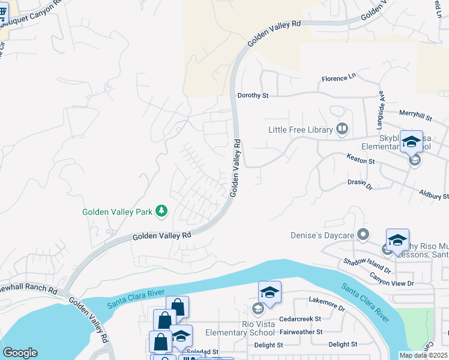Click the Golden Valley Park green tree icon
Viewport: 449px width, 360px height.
tap(161, 211)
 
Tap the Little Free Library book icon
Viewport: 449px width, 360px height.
tap(342, 129)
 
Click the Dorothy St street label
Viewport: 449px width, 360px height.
tap(252, 95)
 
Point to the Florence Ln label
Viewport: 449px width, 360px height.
tap(339, 79)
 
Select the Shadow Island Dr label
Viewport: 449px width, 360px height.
tap(367, 266)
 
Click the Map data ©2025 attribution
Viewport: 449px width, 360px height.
tap(423, 355)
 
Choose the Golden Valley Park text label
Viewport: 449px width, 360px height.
tap(118, 212)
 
